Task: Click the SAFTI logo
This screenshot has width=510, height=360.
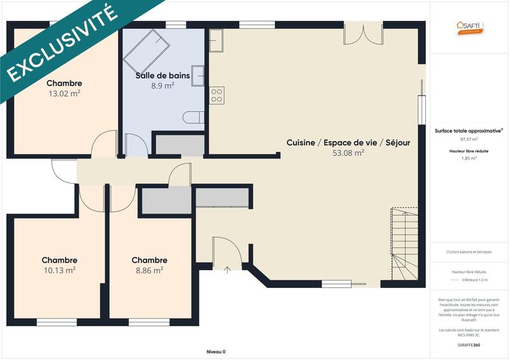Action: coord(469,27)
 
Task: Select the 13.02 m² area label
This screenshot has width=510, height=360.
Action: coord(64,94)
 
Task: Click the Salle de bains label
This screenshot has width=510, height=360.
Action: coord(163,75)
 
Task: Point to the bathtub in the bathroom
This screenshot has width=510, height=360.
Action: coord(146,50)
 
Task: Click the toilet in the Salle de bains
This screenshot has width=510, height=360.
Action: coord(193,117)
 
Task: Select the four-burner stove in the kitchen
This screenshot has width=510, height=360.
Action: coord(217,95)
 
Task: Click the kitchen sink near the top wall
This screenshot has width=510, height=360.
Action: coord(217,41)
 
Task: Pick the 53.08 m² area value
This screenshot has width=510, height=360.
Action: coord(348,153)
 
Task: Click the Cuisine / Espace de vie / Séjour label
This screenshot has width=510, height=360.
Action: coord(348,143)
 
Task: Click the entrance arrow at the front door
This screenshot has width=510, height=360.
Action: coord(228,270)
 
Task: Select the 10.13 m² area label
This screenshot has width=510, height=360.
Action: coord(59,270)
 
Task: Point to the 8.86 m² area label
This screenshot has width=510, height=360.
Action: coord(149,270)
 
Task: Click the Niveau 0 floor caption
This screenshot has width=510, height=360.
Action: coord(216,352)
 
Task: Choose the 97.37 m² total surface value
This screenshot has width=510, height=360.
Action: coord(469,138)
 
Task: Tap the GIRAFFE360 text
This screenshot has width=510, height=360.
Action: coord(469,345)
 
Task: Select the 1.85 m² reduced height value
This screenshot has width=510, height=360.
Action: coord(469,158)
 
